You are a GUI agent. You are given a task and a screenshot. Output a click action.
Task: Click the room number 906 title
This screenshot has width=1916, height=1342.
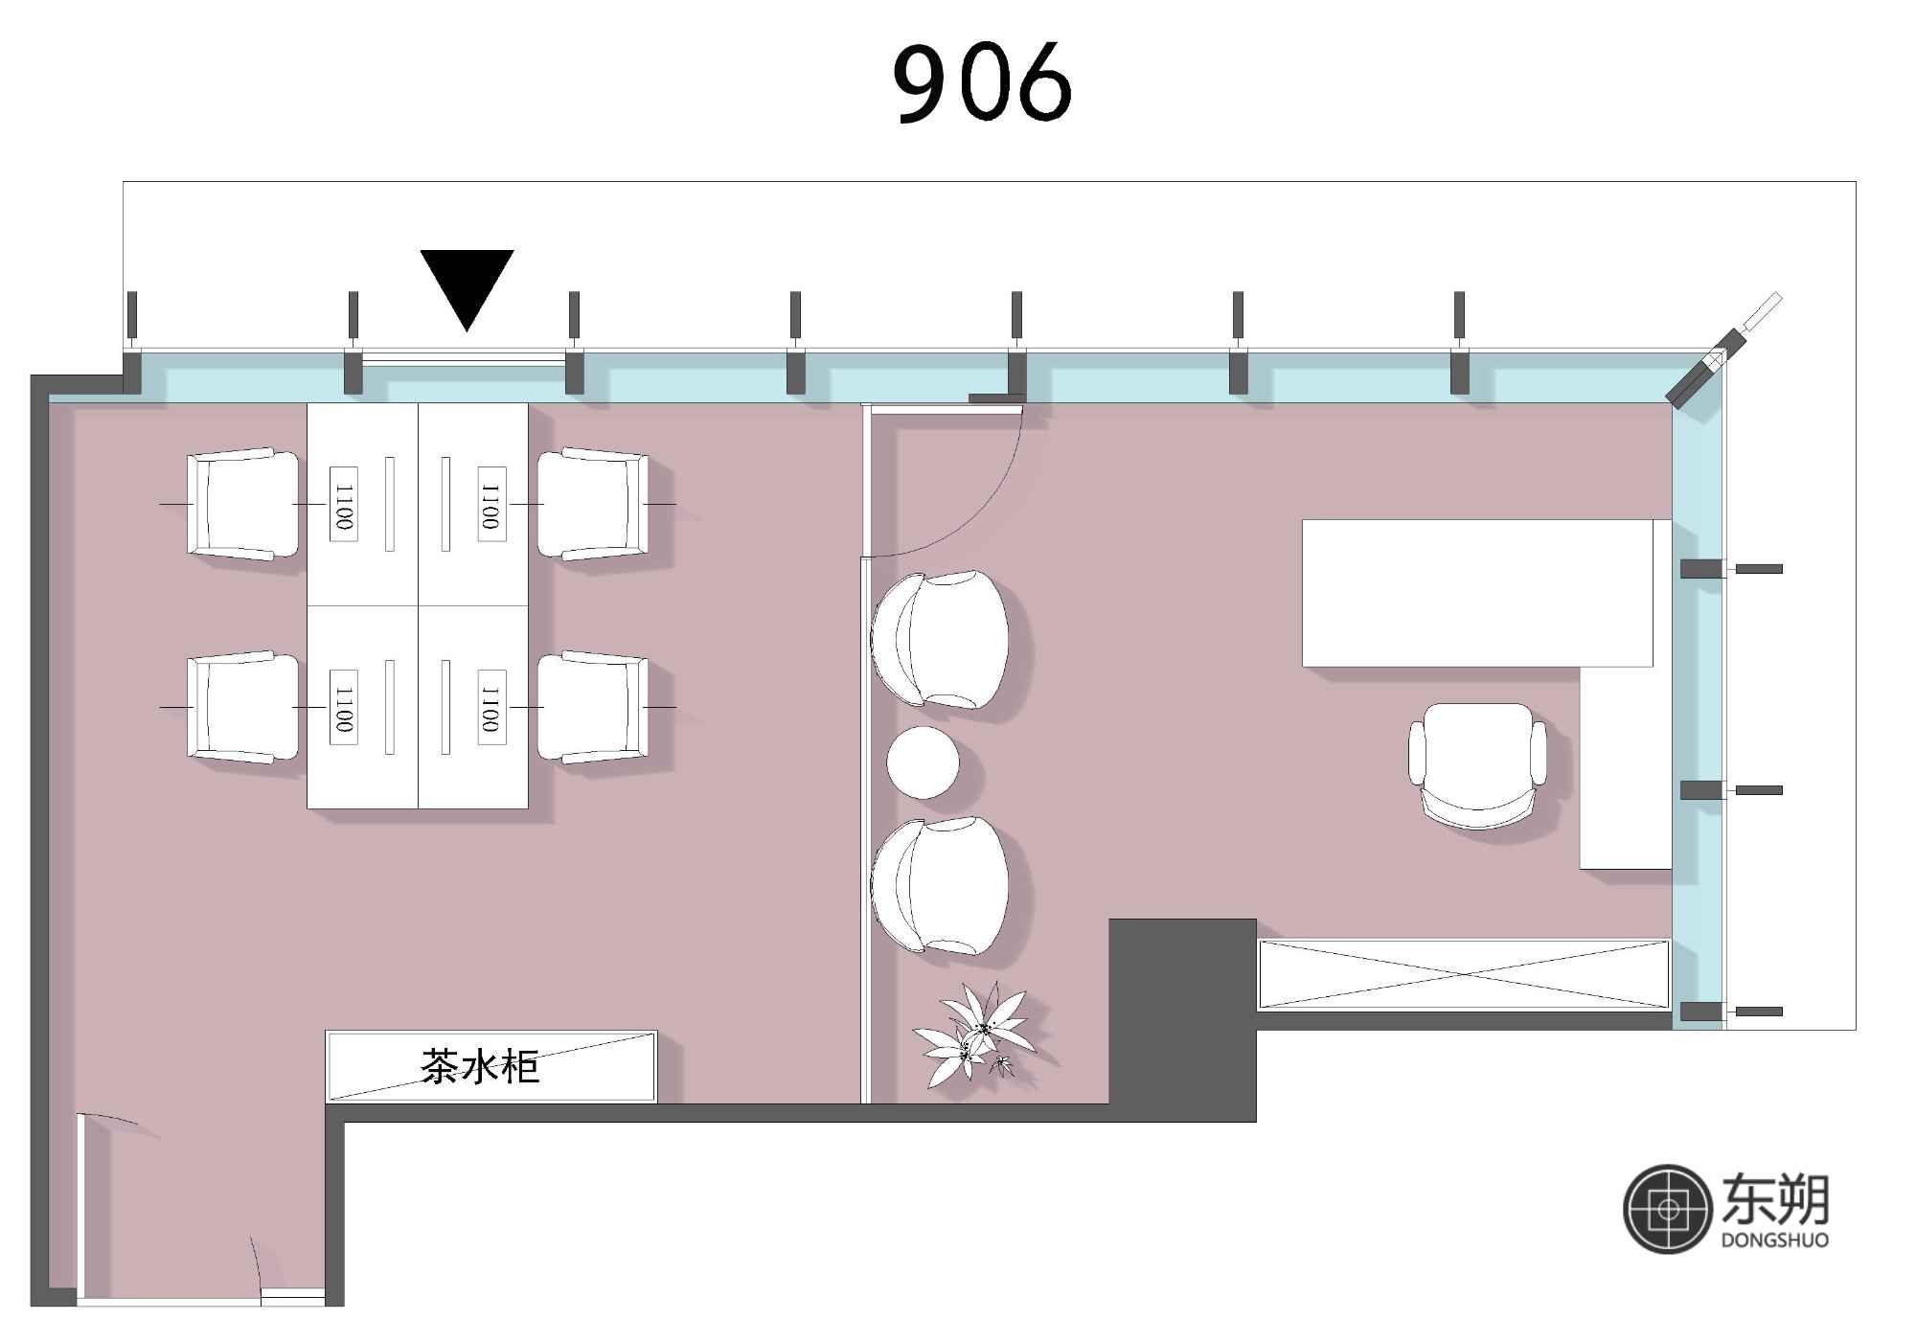click(982, 82)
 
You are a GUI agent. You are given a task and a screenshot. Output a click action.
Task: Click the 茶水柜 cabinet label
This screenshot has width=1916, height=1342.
click(480, 1066)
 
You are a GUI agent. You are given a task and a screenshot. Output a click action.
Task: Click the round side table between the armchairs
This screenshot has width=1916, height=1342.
click(923, 762)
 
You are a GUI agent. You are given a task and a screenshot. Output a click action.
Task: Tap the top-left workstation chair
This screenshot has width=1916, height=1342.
click(242, 504)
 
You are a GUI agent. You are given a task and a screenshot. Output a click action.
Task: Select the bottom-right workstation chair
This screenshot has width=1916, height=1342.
click(593, 707)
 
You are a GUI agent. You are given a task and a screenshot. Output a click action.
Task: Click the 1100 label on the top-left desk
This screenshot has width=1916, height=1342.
click(344, 504)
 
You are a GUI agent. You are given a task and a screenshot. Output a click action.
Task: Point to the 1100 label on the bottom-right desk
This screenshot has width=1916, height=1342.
click(490, 707)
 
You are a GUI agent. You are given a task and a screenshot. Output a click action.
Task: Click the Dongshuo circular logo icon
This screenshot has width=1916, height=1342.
click(1668, 1210)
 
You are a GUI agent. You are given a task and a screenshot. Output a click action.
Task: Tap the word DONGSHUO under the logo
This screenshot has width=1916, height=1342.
click(1774, 1240)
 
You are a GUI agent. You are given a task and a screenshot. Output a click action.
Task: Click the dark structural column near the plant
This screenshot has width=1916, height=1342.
click(1182, 1019)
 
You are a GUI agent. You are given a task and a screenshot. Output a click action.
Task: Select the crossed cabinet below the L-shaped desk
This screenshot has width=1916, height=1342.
click(1464, 974)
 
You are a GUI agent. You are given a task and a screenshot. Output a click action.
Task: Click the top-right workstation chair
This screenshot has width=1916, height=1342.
click(593, 504)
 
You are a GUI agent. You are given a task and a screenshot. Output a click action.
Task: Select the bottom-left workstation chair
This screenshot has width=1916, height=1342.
click(242, 707)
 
